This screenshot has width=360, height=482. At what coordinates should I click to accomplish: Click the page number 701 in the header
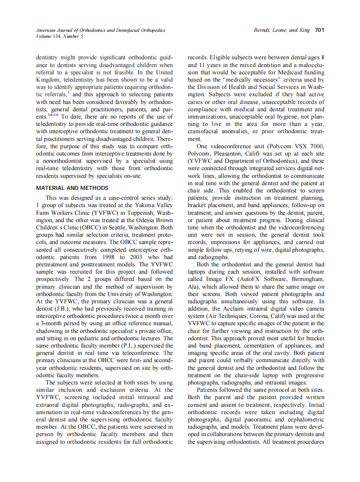(x=319, y=30)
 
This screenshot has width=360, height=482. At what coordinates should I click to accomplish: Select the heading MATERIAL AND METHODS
(x=72, y=188)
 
